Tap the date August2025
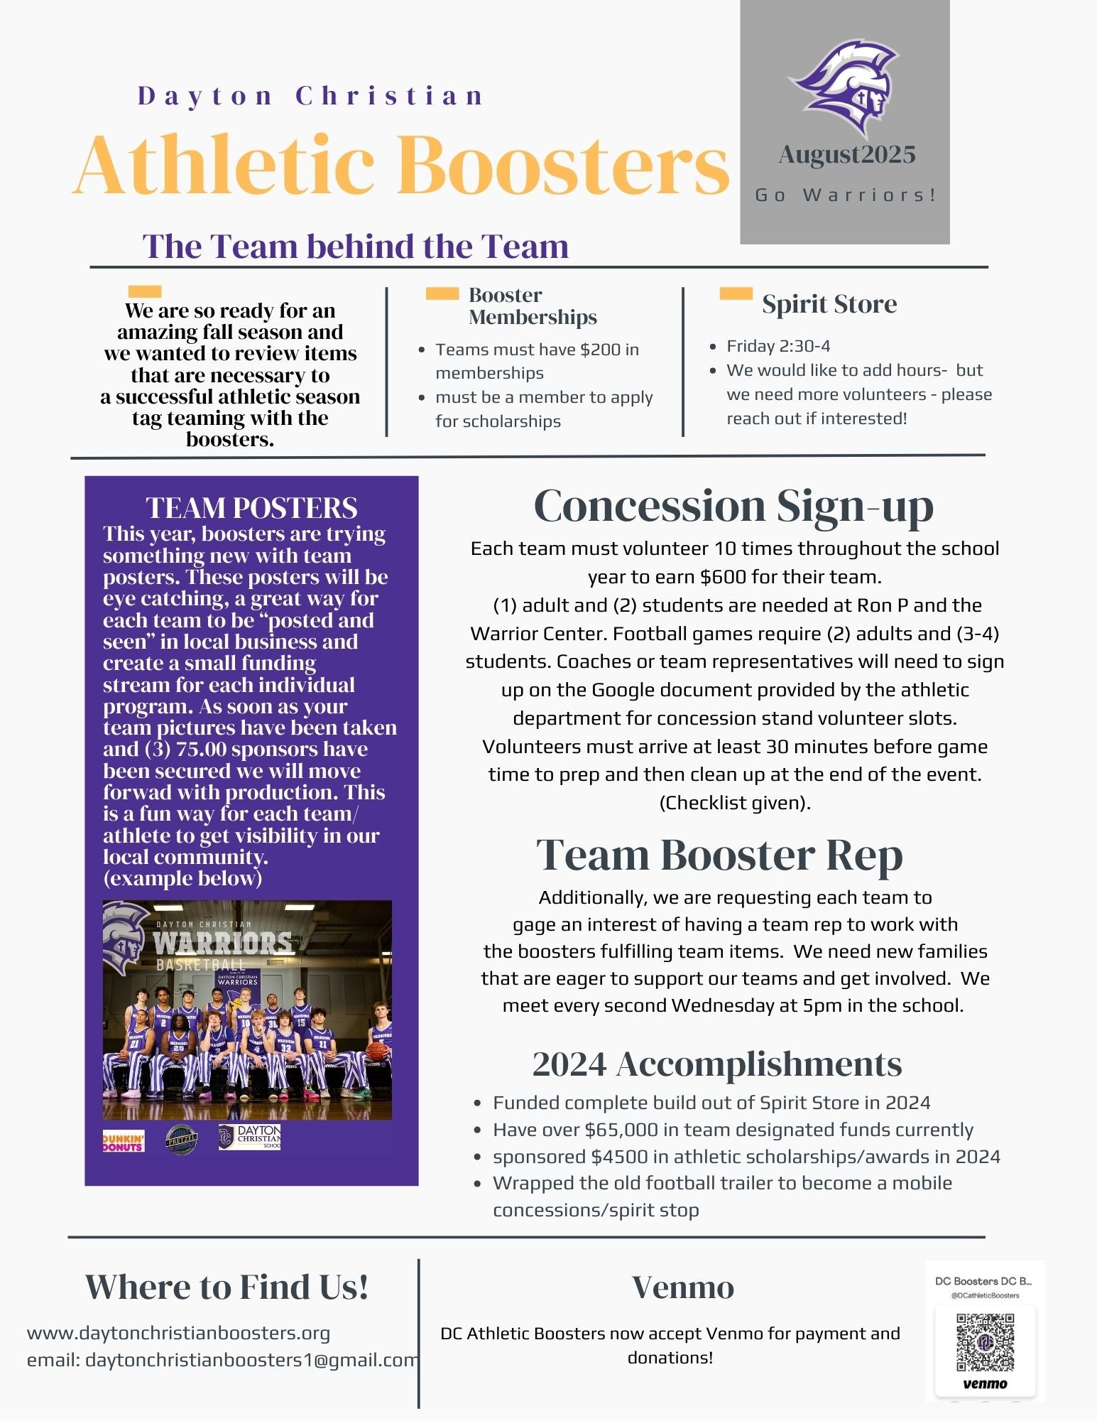(846, 155)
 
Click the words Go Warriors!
(846, 195)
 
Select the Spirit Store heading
(829, 304)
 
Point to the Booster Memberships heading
(533, 306)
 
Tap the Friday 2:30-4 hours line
(778, 346)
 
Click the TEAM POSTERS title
(251, 508)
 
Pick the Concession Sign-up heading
(733, 507)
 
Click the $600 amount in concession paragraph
(723, 577)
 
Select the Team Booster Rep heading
(719, 855)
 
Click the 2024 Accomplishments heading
(716, 1064)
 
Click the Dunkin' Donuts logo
(124, 1141)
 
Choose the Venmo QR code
(985, 1342)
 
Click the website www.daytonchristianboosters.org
(178, 1333)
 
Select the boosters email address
(251, 1360)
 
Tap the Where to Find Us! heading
(227, 1287)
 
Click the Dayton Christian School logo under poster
(250, 1138)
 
